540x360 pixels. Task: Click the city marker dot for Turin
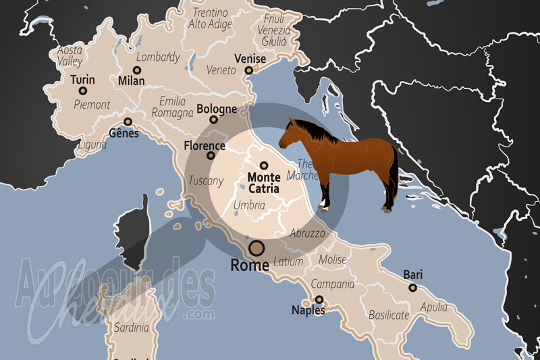(83, 91)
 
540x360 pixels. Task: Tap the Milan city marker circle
(137, 70)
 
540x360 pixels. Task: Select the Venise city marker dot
(248, 70)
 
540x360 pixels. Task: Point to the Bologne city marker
(214, 120)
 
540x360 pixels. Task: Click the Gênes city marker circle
(128, 122)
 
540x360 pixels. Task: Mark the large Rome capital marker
(256, 247)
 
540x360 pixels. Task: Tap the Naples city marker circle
(319, 299)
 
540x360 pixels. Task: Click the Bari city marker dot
(412, 287)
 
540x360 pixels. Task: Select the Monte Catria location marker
(264, 165)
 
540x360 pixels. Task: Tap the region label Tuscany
(206, 181)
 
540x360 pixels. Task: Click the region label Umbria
(248, 205)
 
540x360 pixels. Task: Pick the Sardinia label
(132, 328)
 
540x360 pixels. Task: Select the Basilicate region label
(389, 315)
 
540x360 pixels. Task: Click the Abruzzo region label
(308, 234)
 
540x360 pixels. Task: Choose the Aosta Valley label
(70, 55)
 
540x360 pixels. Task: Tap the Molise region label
(332, 260)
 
